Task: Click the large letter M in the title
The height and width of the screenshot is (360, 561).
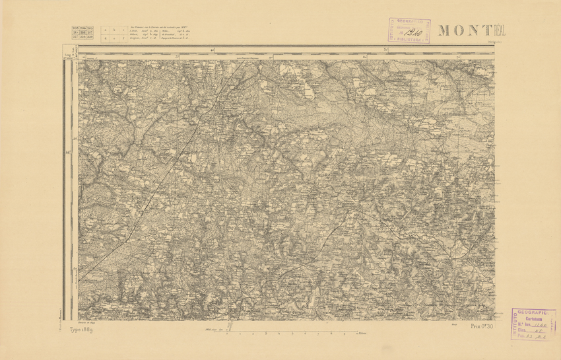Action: coord(444,30)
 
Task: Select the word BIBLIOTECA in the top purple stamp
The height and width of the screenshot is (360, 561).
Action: coord(410,40)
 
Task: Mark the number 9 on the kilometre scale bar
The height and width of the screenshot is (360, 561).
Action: coord(343,335)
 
